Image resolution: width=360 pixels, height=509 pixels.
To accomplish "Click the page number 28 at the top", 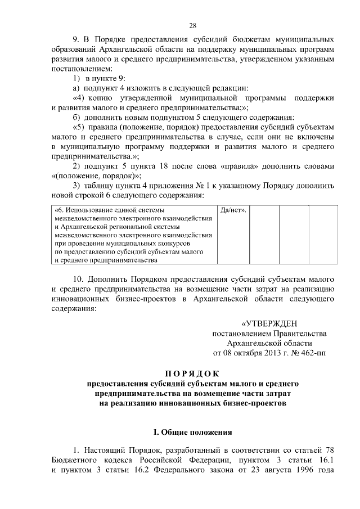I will pyautogui.click(x=192, y=26).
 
